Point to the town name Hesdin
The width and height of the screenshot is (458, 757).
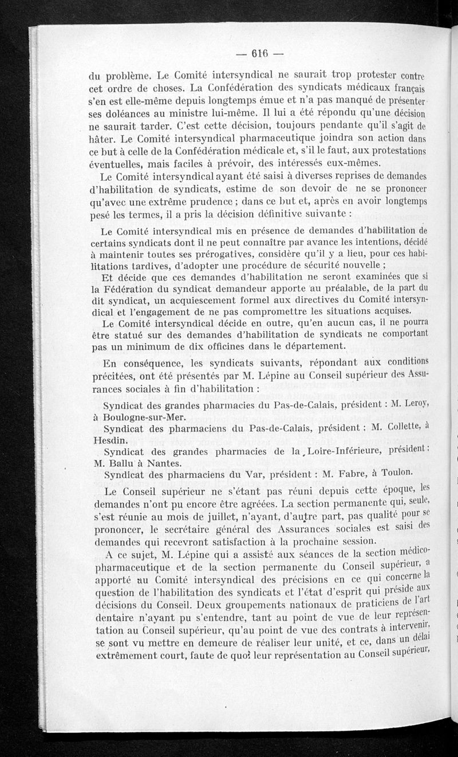tap(107, 439)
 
